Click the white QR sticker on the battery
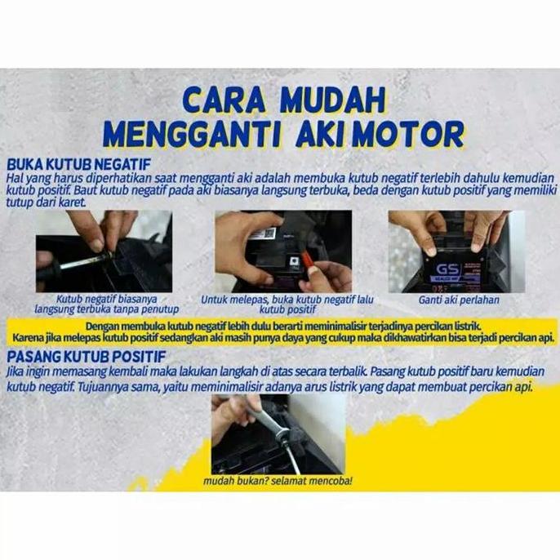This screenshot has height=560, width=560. coord(260,234)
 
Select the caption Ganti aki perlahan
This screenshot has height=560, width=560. coord(458,300)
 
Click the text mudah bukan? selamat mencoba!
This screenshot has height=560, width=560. coord(279,481)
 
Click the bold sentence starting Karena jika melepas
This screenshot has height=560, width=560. coord(279,337)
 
